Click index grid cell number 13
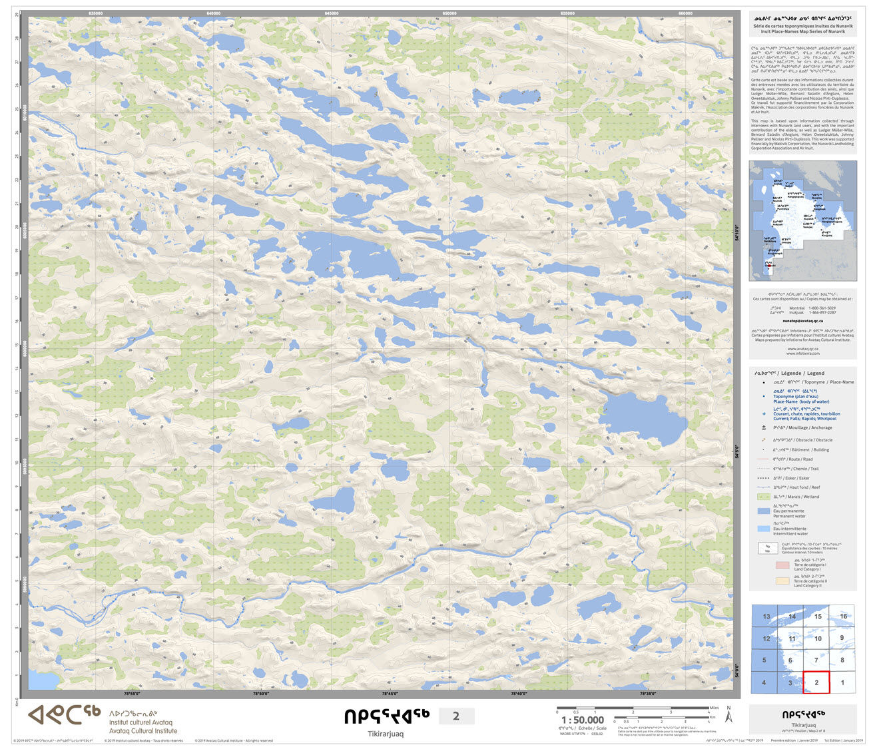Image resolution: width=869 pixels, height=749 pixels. coord(766,617)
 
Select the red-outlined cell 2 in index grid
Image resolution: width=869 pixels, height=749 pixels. coord(816,682)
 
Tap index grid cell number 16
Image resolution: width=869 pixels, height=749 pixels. coord(843,617)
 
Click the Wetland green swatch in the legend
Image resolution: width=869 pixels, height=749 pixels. coord(764,497)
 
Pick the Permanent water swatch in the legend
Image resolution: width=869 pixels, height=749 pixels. coord(764,511)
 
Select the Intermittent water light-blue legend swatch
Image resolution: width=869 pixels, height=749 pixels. coord(764,529)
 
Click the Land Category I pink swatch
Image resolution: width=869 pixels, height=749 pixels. coord(782,565)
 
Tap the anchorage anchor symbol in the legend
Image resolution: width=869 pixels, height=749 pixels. coord(764,427)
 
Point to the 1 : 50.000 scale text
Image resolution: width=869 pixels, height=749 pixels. coord(582,720)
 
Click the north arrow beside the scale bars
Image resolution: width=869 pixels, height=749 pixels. coord(728,716)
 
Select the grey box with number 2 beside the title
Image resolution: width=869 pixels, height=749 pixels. coord(456,716)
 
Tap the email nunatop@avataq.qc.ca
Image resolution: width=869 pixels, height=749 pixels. coord(802,320)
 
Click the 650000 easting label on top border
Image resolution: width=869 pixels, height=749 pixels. coord(449,13)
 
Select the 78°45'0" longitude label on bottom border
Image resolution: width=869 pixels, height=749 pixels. coord(390,694)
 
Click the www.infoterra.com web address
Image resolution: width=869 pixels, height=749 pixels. coord(802,354)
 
